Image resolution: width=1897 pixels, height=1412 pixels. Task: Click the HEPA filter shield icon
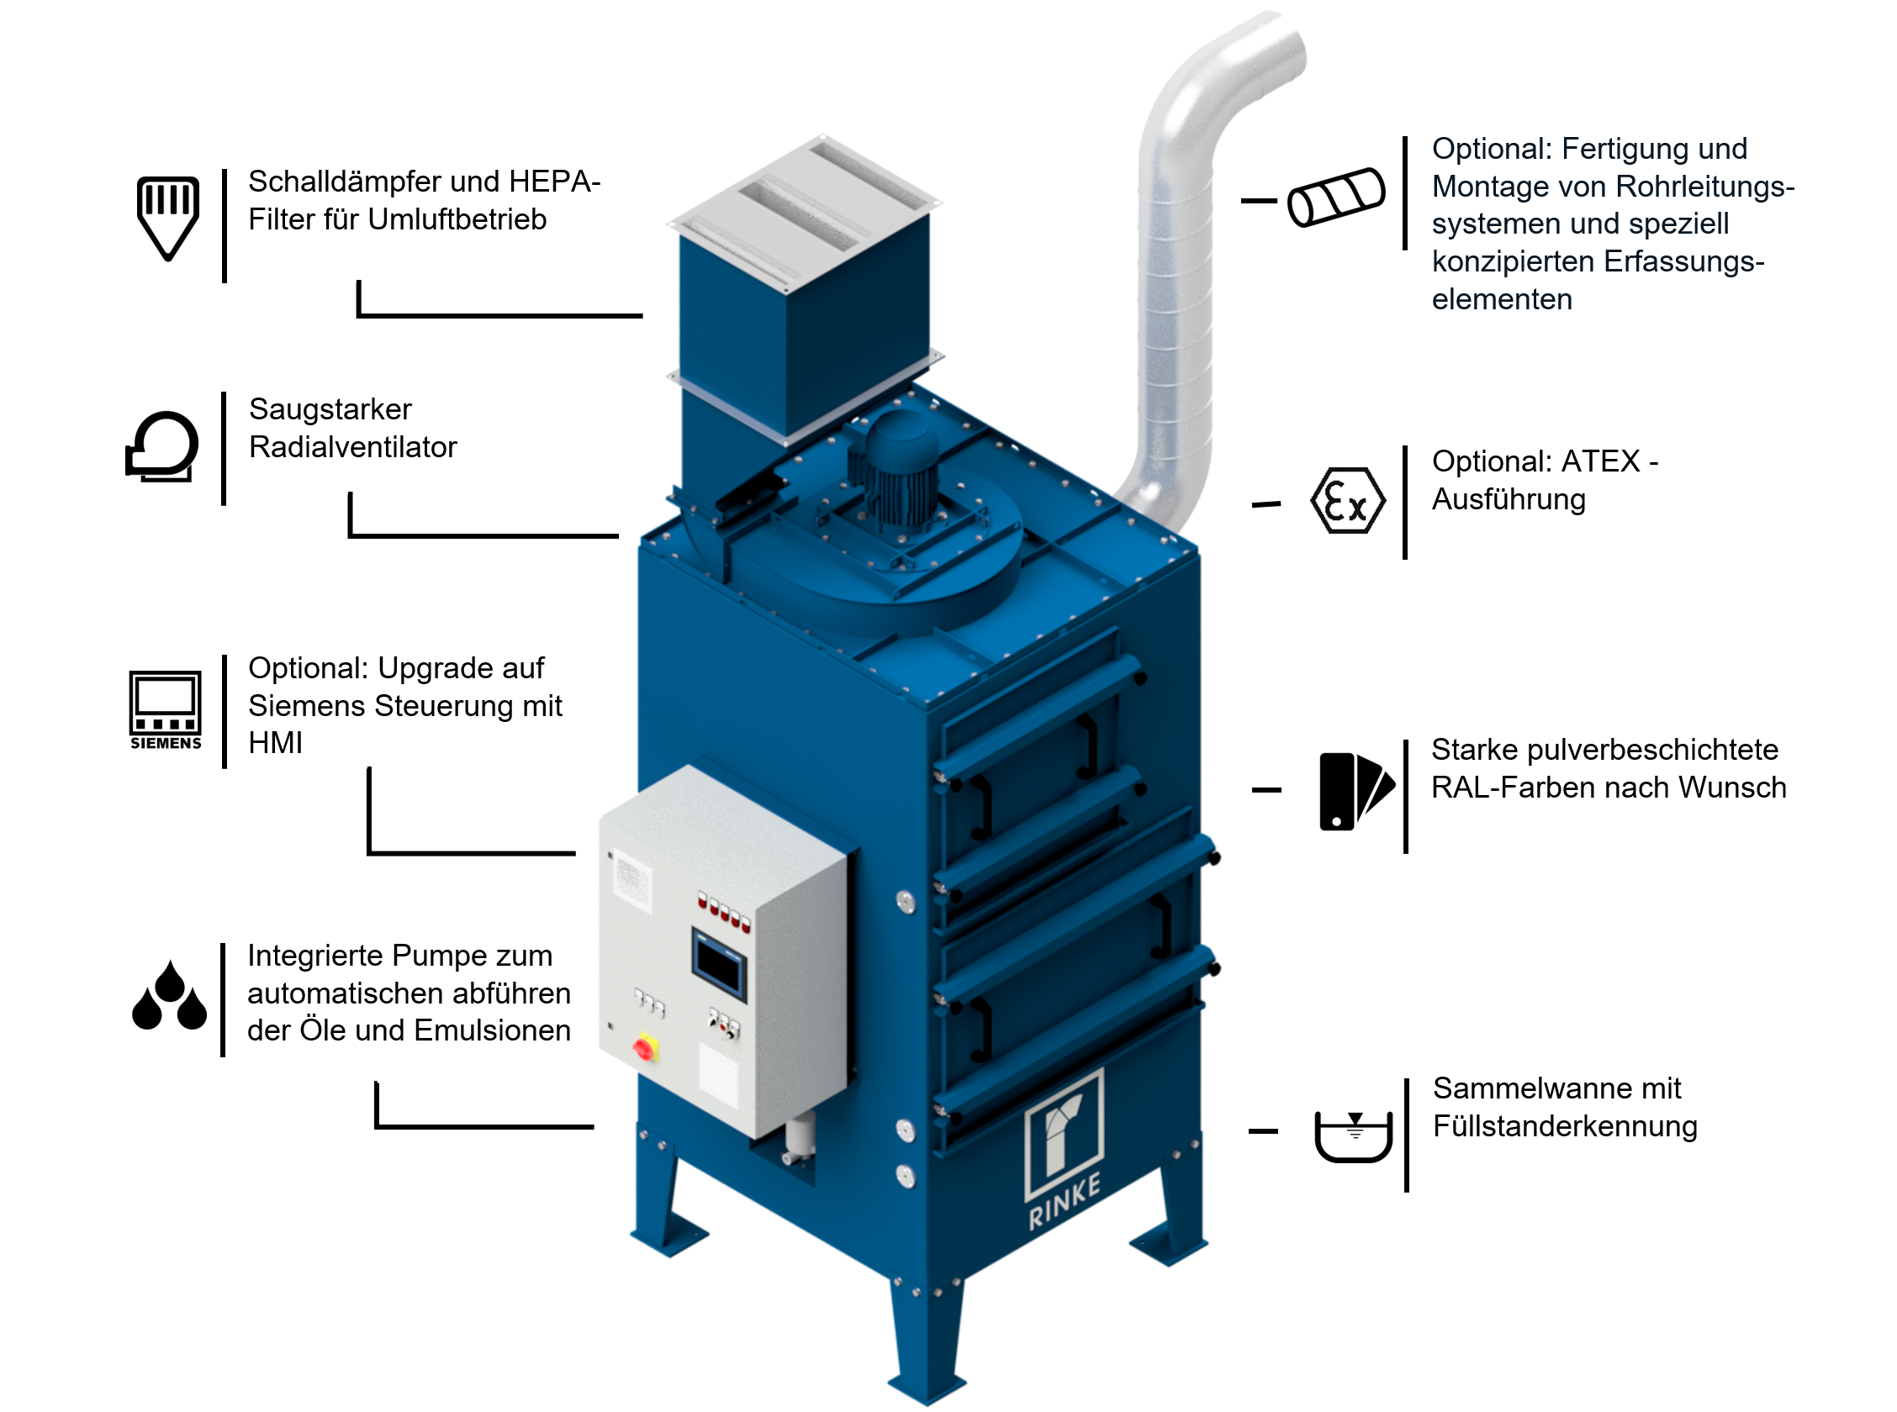(x=167, y=216)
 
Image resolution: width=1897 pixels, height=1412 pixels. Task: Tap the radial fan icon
(x=162, y=446)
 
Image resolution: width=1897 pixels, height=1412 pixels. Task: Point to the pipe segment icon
(x=1336, y=198)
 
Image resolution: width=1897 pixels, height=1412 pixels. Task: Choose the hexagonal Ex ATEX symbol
(x=1347, y=501)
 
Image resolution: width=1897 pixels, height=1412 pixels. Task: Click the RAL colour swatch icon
(x=1355, y=792)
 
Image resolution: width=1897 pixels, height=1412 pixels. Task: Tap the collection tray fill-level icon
(x=1353, y=1135)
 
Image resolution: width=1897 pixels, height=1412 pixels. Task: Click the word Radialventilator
(x=352, y=447)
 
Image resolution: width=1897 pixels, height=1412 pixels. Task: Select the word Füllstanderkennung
(x=1565, y=1126)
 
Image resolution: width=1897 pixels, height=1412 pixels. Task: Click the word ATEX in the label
(x=1600, y=461)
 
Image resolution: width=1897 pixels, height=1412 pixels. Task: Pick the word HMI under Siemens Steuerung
(x=274, y=743)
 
